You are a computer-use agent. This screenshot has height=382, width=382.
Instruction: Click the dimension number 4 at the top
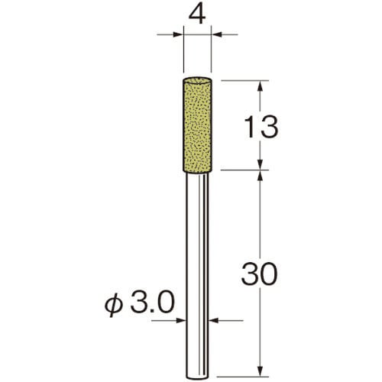[x=197, y=15]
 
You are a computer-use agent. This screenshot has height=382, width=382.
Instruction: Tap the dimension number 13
[x=261, y=127]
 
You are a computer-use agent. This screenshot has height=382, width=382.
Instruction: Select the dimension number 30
[x=259, y=274]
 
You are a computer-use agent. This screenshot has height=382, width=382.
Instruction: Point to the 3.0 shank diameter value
[x=153, y=303]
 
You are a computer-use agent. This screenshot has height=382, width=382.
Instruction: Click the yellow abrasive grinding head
[x=197, y=125]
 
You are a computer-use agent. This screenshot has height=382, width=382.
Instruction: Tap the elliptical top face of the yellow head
[x=197, y=80]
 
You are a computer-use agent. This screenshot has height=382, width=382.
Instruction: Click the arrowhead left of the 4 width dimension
[x=178, y=34]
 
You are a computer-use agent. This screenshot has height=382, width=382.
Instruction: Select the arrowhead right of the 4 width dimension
[x=217, y=34]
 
